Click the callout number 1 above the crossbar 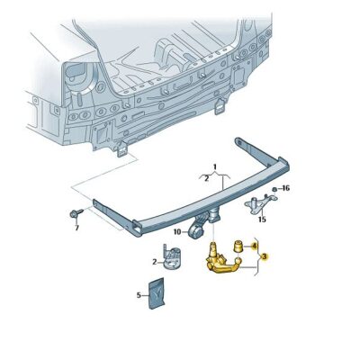(x=215, y=166)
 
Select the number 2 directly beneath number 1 (x=206, y=179)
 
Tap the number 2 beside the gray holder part (x=155, y=262)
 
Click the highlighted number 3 (x=265, y=256)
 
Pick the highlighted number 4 (x=254, y=247)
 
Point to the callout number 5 (x=139, y=295)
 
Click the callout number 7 (x=76, y=228)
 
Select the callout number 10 (x=177, y=231)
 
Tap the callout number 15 (x=262, y=220)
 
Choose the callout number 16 (x=285, y=188)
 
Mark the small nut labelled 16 (x=274, y=189)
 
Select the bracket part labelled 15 (x=260, y=204)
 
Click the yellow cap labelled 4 (x=238, y=246)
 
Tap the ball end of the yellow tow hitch (x=238, y=262)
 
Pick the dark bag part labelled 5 (x=157, y=293)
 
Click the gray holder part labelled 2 (x=172, y=256)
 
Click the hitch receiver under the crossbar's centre (x=214, y=216)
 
